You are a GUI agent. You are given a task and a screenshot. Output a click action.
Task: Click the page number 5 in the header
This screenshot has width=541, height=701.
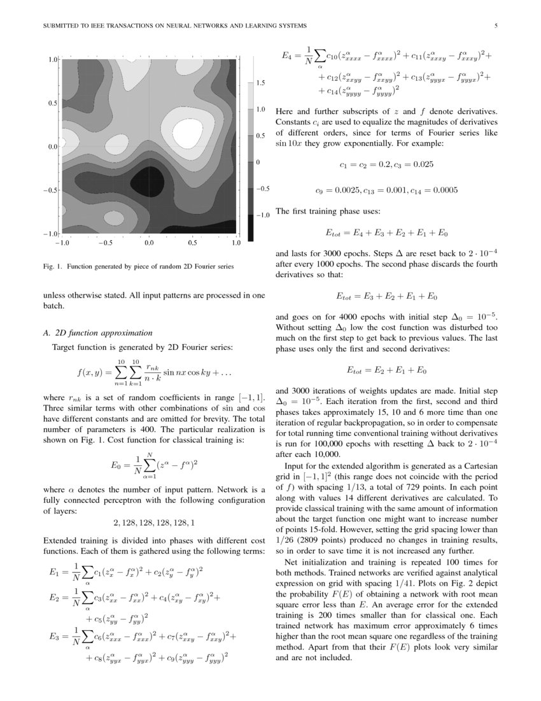495,26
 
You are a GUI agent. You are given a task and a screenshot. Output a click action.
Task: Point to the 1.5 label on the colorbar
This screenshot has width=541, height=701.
261,83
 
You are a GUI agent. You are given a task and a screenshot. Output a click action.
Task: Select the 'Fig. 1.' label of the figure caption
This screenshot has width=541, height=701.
52,266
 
